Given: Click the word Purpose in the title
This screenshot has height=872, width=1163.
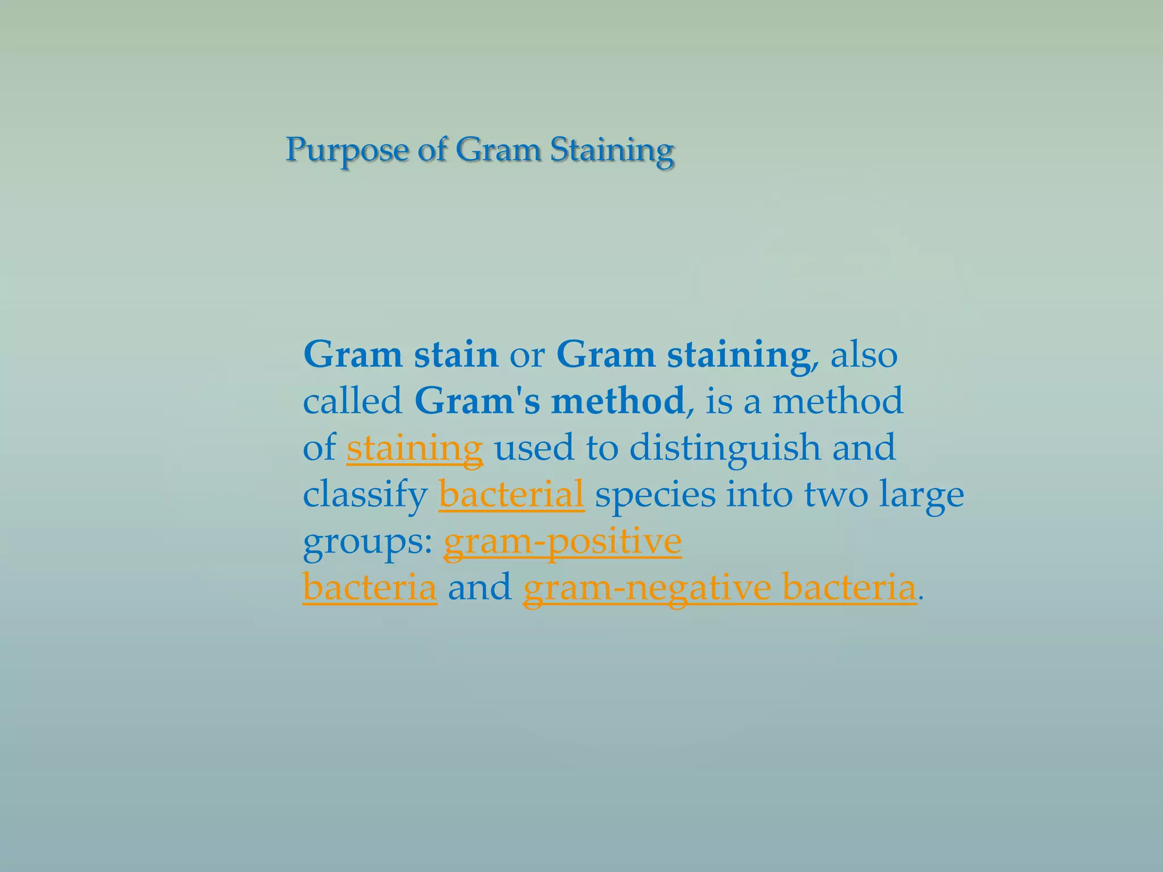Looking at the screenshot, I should pyautogui.click(x=346, y=150).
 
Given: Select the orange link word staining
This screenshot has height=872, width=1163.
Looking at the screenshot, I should pyautogui.click(x=415, y=448).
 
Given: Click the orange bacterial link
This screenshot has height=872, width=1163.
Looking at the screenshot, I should pyautogui.click(x=511, y=494).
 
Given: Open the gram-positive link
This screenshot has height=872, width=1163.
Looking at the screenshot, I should pyautogui.click(x=562, y=541).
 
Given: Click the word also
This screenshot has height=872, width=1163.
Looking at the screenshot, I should pyautogui.click(x=864, y=355).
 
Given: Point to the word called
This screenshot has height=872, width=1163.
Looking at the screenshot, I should pyautogui.click(x=353, y=401).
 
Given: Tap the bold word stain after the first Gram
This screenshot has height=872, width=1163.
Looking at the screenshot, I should pyautogui.click(x=456, y=355).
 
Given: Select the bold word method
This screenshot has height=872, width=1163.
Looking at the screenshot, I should pyautogui.click(x=617, y=401).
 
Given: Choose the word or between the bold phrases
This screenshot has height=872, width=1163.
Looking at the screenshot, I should pyautogui.click(x=527, y=356).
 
